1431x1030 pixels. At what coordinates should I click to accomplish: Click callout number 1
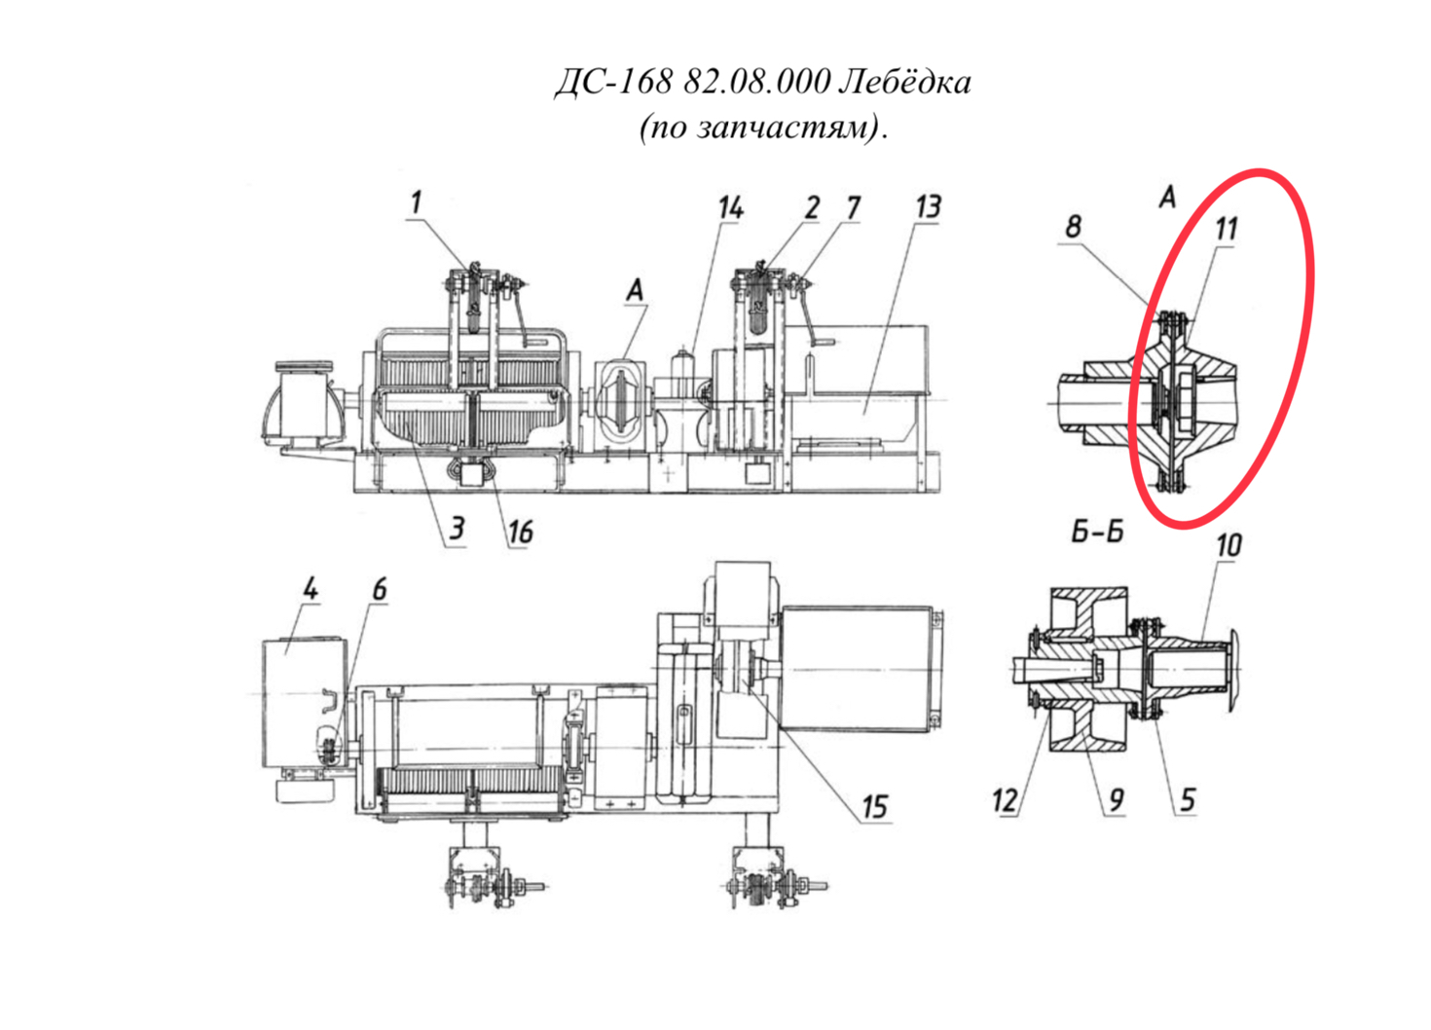(417, 202)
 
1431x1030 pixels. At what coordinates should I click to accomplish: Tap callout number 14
(730, 208)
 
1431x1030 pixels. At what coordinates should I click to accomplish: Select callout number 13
(928, 207)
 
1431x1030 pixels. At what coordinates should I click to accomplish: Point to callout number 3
(457, 529)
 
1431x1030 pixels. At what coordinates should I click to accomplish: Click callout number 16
(520, 532)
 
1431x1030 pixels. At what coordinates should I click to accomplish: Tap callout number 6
(380, 588)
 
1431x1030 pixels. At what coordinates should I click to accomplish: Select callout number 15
(874, 807)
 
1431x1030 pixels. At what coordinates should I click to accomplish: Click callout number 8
(1073, 227)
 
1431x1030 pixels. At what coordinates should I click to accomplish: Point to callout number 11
(1226, 229)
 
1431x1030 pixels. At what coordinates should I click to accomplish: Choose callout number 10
(1229, 546)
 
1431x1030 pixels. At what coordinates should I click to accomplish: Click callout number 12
(1005, 800)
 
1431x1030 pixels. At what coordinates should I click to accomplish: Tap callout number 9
(1116, 799)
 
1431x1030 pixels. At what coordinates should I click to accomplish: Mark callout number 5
(1187, 799)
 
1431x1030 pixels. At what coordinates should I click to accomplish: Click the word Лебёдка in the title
(904, 82)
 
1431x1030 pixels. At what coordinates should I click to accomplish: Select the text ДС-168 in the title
(613, 83)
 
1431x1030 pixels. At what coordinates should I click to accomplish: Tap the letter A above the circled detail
(1167, 197)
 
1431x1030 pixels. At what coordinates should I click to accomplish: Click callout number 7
(853, 208)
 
